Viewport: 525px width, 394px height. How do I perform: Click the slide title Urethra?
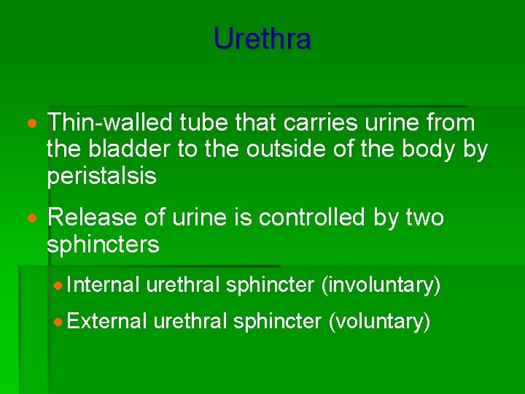point(262,39)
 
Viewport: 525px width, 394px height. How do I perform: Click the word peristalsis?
point(101,177)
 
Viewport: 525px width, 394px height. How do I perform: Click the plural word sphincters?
point(103,244)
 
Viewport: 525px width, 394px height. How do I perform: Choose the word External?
point(106,321)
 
